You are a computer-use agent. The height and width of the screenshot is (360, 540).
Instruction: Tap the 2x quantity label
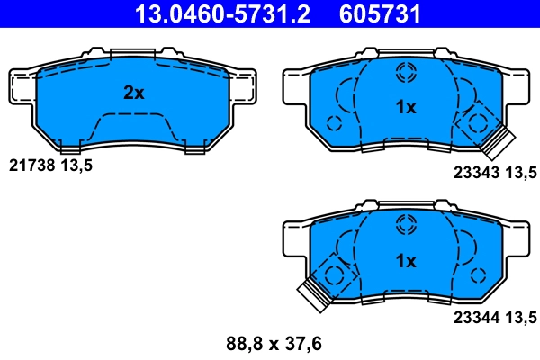(x=134, y=92)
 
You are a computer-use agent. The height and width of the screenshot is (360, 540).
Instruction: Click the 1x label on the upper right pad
(x=406, y=107)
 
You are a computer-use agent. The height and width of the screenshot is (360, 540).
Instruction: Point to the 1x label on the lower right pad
(x=406, y=261)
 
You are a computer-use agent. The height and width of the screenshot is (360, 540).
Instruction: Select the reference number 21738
(x=32, y=166)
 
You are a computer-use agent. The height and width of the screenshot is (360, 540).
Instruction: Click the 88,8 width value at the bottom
(x=238, y=342)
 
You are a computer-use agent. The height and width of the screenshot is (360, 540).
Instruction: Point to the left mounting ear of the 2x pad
(x=22, y=85)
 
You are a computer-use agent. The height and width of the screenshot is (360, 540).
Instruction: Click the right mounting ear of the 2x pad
(x=246, y=85)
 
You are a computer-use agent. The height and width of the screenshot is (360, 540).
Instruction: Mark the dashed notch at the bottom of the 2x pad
(x=133, y=126)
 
